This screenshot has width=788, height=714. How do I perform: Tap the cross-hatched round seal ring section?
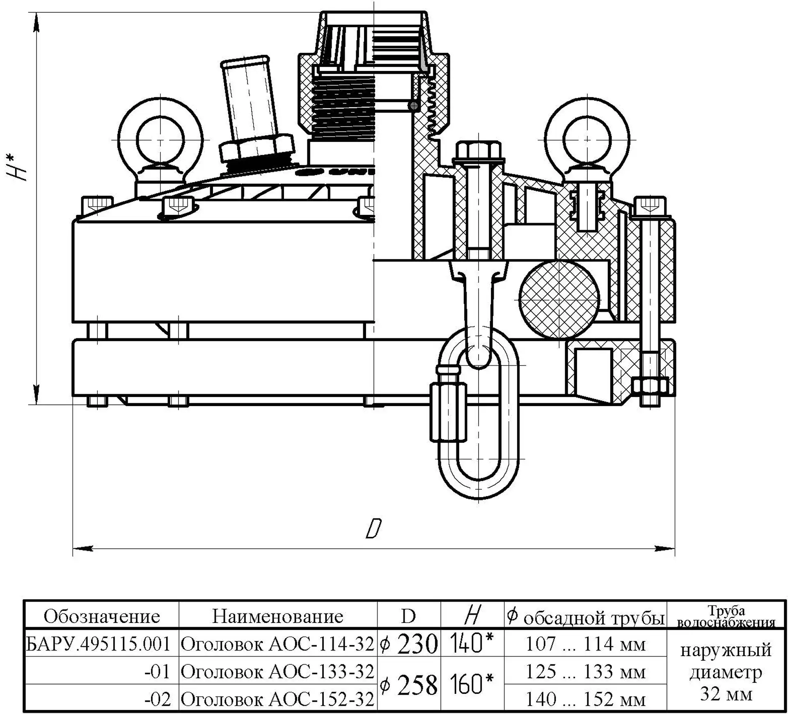[559, 299]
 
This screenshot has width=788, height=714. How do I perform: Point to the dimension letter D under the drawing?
[373, 529]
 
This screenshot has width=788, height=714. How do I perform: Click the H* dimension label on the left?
[16, 167]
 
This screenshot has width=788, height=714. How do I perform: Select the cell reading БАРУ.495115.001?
[98, 644]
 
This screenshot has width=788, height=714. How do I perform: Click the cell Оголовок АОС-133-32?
[277, 671]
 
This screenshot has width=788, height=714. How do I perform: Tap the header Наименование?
[278, 616]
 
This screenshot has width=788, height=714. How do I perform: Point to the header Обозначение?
[102, 616]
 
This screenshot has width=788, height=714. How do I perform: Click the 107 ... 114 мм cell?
[586, 644]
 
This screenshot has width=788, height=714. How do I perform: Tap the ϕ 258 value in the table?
[409, 685]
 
